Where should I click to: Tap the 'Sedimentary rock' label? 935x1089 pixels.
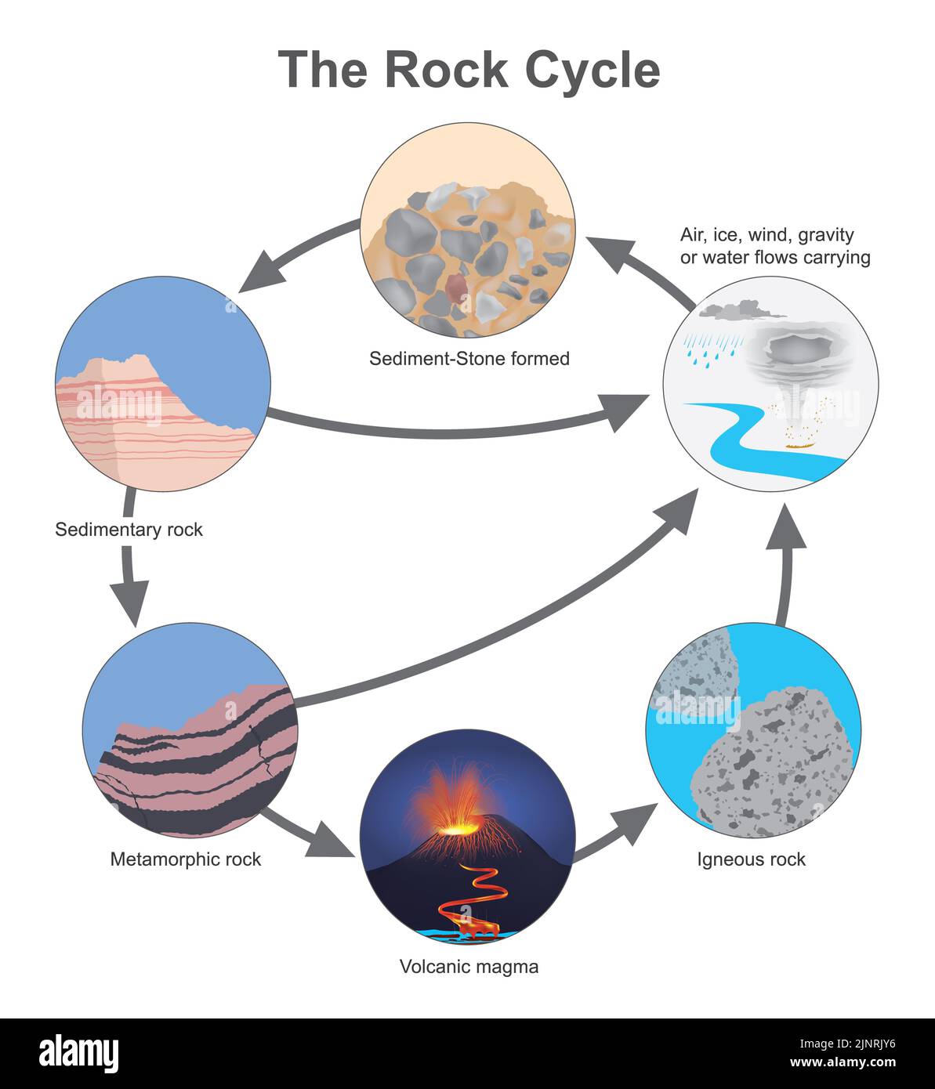click(129, 530)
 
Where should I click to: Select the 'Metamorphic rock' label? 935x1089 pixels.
click(185, 859)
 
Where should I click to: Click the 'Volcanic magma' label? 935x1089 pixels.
click(469, 966)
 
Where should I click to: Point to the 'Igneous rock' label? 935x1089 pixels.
click(751, 859)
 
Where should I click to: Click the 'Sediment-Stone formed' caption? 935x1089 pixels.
click(469, 359)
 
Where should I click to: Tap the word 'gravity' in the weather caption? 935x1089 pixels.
click(825, 234)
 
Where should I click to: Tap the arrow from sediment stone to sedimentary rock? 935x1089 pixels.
click(298, 251)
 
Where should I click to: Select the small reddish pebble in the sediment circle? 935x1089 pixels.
click(455, 288)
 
